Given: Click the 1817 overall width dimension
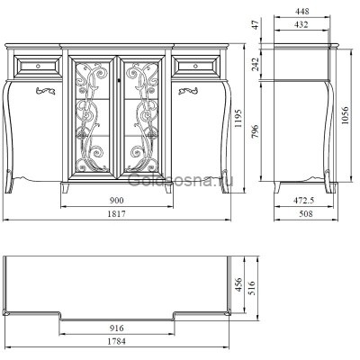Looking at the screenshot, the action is (116, 214).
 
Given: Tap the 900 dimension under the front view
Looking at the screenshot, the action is (117, 201).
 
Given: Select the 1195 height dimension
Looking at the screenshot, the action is (238, 118).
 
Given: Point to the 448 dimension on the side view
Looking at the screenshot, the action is (301, 12).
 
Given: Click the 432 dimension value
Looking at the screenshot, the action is (301, 24).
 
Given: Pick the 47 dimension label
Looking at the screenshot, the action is (255, 24).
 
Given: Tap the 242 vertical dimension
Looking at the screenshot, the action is (255, 64).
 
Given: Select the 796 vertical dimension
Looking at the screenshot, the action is (255, 130).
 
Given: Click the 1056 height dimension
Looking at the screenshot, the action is (345, 115).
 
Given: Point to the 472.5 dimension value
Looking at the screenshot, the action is (303, 201).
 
